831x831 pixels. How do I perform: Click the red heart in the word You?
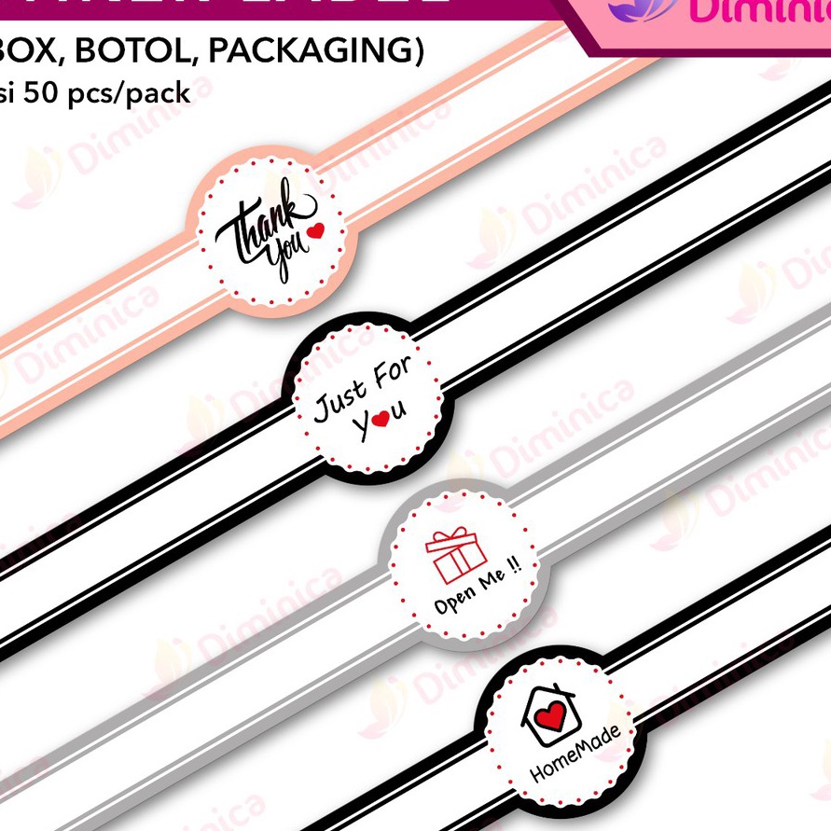tap(380, 421)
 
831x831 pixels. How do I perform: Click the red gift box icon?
tap(456, 557)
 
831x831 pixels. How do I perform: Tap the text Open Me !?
tap(477, 591)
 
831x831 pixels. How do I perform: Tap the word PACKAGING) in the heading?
tap(315, 52)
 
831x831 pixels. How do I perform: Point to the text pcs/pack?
tap(133, 93)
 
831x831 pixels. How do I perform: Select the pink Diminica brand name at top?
tap(755, 11)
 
